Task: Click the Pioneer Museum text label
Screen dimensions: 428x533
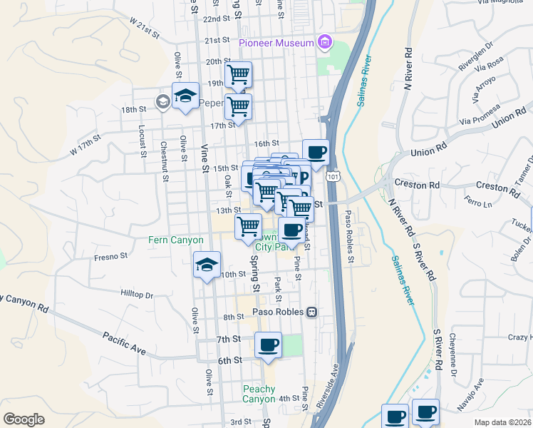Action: click(x=276, y=43)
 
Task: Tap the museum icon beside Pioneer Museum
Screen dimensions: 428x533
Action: click(x=325, y=43)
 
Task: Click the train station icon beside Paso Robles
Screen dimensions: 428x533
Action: click(x=311, y=312)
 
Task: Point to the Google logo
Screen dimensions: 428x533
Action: click(x=24, y=419)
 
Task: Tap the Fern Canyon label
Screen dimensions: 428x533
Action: click(x=176, y=240)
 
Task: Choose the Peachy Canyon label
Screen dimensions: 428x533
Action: click(x=259, y=394)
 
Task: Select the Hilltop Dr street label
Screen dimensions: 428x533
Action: click(x=137, y=294)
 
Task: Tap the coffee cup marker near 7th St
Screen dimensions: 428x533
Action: click(x=268, y=345)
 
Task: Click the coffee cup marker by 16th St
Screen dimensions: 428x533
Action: click(x=316, y=152)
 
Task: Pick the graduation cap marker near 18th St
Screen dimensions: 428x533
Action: click(x=185, y=96)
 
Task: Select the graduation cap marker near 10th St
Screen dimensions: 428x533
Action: click(x=207, y=265)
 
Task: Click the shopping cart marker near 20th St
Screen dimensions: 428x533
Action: click(x=239, y=74)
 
